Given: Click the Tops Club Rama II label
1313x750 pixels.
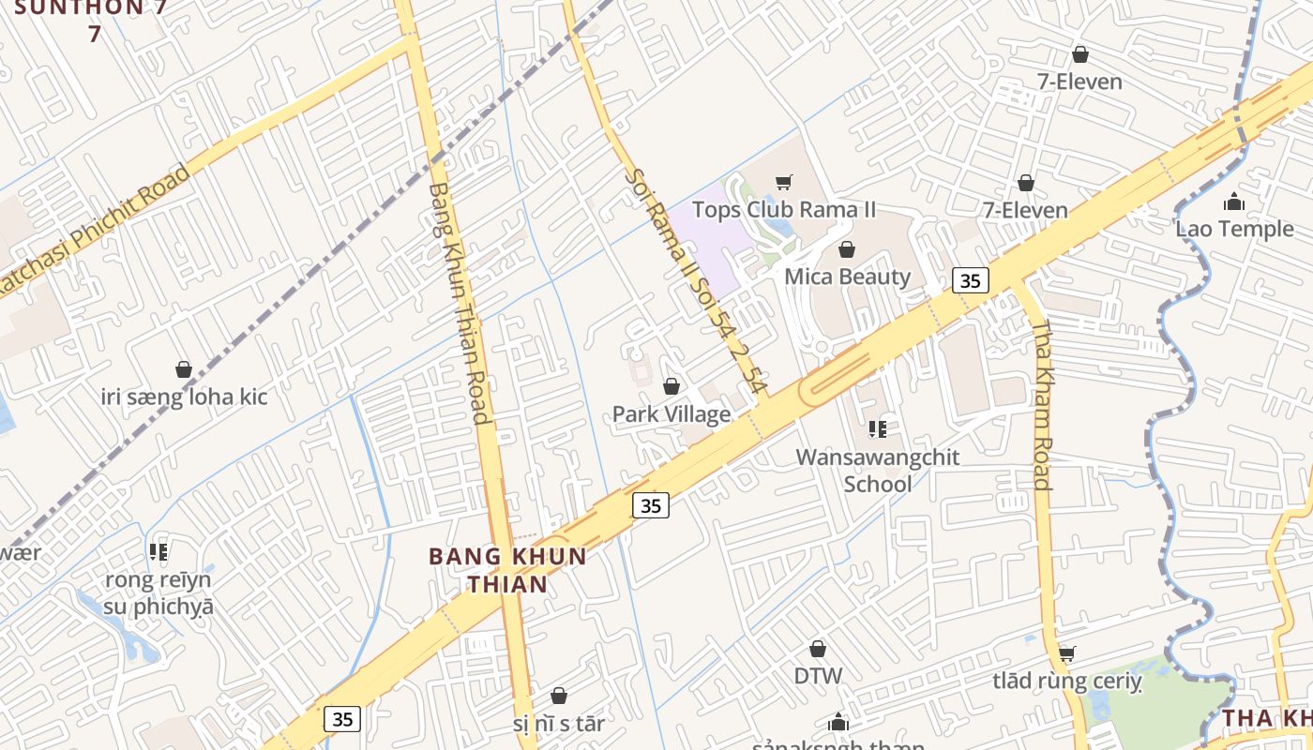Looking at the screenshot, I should (784, 209).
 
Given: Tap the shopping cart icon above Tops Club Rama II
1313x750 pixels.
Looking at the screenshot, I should (784, 182).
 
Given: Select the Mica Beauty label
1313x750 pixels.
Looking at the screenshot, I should (847, 277).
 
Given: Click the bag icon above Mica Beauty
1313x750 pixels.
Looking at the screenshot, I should (847, 249).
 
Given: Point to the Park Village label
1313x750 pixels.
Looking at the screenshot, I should (672, 414).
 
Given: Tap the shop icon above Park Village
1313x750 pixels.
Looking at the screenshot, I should (672, 386).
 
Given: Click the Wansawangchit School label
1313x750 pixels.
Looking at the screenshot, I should (878, 471).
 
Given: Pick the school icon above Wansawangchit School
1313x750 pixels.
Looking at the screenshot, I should (878, 429).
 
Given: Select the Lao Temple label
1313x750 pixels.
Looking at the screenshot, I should (1234, 229).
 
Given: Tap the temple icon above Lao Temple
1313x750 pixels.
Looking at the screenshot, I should (1234, 202).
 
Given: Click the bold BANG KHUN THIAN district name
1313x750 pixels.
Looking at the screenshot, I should (507, 570).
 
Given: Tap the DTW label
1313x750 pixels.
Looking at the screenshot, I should (818, 676).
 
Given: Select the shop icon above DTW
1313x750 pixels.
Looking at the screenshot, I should (818, 649).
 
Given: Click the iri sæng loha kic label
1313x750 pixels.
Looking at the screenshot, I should (184, 397).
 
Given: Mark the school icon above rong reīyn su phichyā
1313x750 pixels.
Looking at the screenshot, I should (158, 551).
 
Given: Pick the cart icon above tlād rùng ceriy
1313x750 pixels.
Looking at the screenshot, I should (1066, 653).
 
